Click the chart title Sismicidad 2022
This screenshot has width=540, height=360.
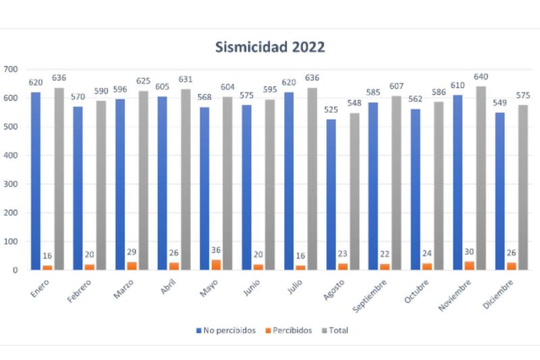270,47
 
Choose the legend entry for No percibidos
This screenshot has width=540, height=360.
226,330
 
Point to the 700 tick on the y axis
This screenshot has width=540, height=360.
10,69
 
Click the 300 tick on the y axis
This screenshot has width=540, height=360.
10,184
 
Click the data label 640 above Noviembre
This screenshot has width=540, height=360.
481,76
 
